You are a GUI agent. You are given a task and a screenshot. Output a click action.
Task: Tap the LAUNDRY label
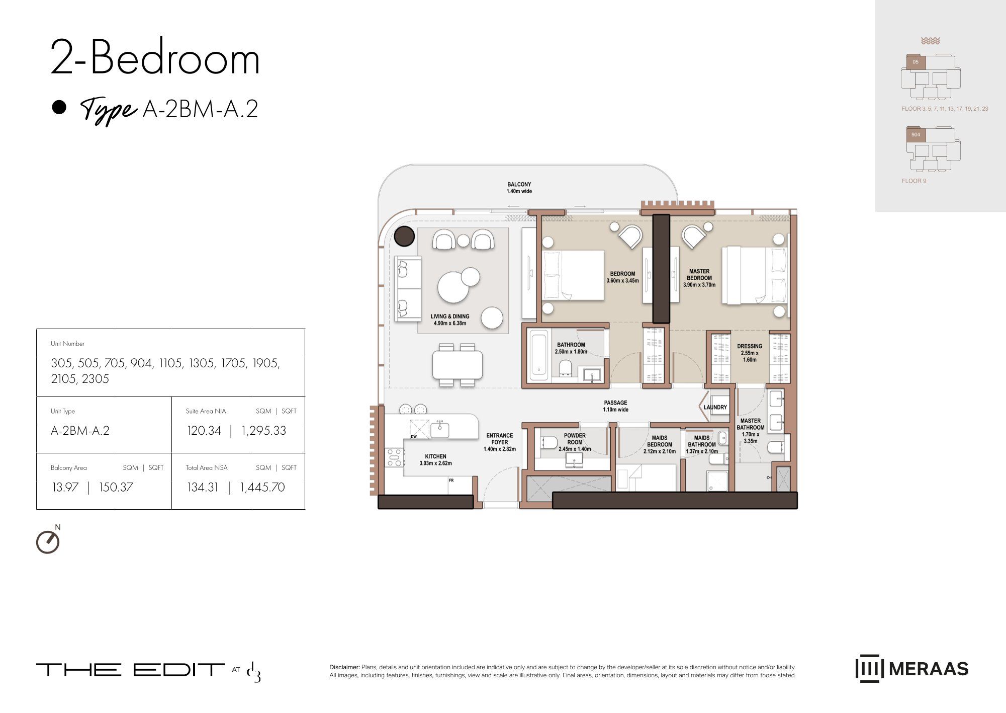coord(715,407)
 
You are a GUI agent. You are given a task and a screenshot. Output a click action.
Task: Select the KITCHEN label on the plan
coord(435,456)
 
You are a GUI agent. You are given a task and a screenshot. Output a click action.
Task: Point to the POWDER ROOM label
coord(575,439)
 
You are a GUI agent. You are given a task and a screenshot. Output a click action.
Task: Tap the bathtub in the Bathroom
coord(538,355)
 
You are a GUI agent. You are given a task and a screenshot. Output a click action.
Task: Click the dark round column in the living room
coord(404,236)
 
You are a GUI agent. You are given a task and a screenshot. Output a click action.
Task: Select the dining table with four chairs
coord(457,365)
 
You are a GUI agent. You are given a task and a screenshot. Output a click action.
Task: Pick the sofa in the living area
coord(408,288)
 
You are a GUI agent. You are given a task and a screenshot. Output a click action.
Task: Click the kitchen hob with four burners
coord(395,457)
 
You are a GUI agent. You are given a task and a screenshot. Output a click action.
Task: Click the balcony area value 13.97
coord(65,487)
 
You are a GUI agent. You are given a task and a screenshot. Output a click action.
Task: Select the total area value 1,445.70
coord(262,487)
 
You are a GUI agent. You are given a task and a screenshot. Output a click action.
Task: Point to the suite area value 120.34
coord(204,431)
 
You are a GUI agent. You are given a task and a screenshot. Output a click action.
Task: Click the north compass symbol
coord(48,541)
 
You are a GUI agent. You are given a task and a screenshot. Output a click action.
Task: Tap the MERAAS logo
coord(912,669)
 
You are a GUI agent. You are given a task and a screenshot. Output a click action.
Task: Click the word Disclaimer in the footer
coord(344,667)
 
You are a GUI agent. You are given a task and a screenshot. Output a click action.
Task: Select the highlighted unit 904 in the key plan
coord(916,135)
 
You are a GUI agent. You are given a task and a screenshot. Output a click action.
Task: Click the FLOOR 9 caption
coord(914,181)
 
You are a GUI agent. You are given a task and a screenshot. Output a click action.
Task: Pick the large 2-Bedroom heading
coord(155,57)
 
